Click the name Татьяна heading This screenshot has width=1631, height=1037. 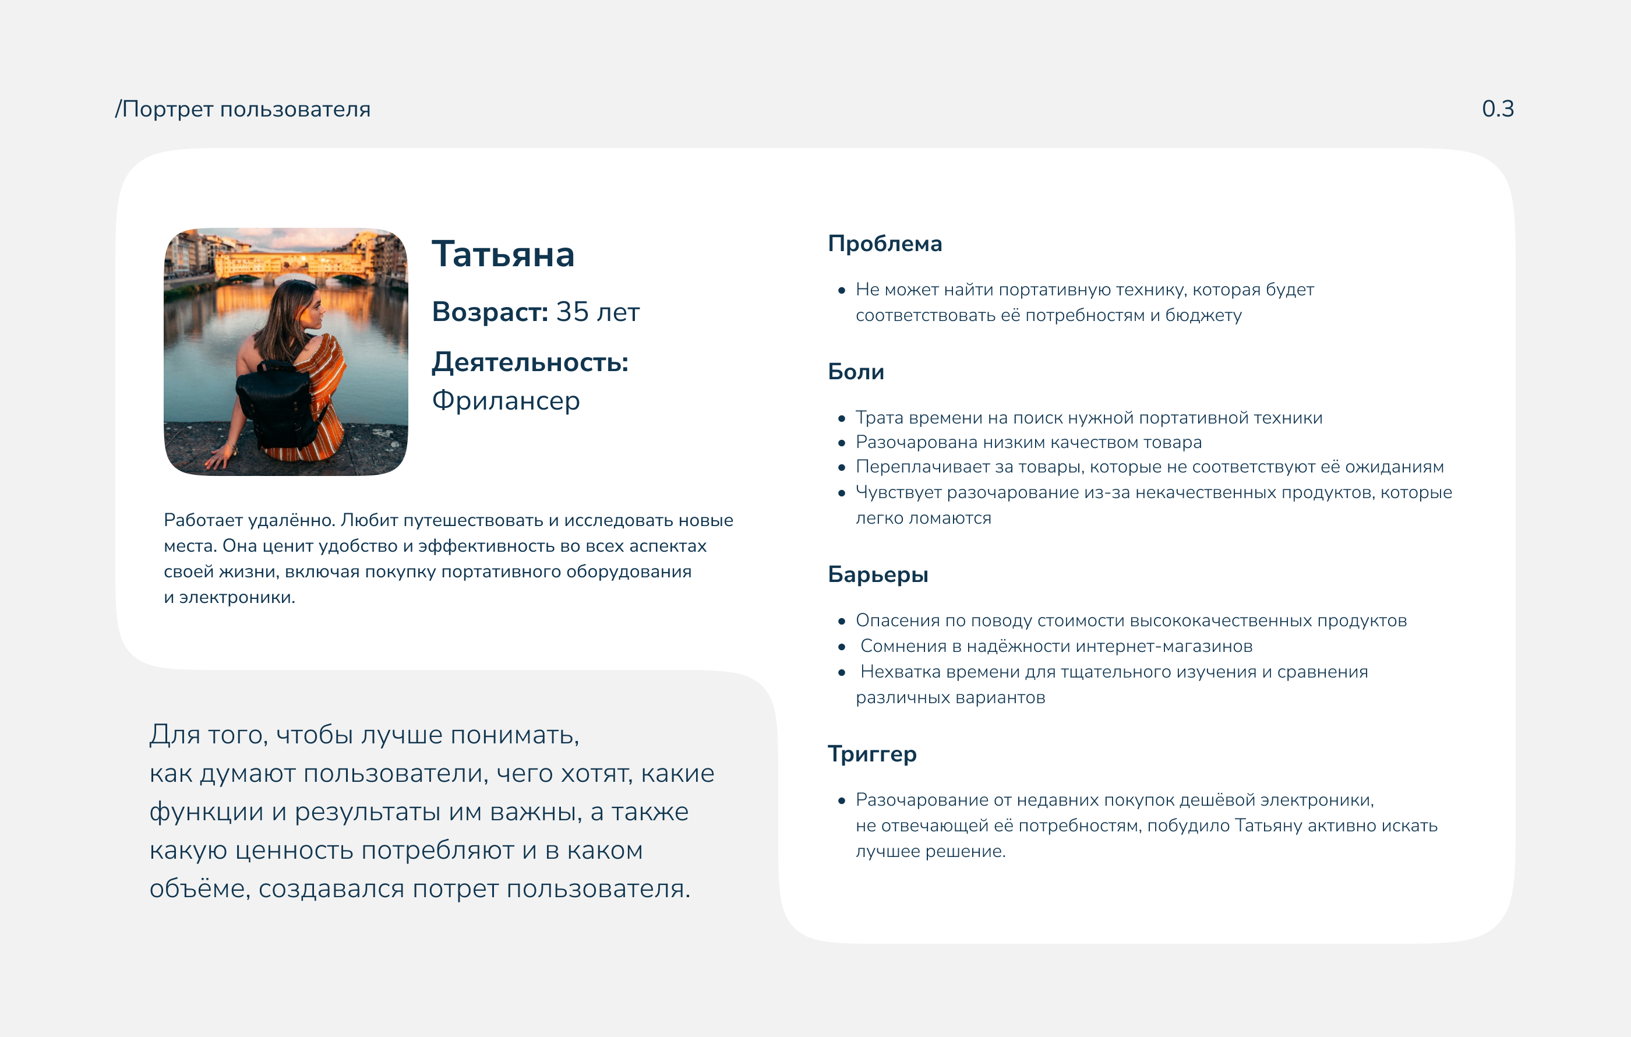(503, 255)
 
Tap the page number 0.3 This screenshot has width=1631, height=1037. (1497, 108)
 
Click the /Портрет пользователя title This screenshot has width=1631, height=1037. (242, 109)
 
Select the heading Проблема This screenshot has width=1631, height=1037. (885, 244)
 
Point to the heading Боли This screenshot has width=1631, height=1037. (856, 372)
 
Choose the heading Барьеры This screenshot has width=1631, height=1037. (878, 574)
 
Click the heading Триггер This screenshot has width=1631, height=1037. (872, 754)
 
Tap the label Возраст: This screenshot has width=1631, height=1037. (490, 312)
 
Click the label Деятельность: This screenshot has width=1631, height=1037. (529, 362)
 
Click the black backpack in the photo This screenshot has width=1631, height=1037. (279, 403)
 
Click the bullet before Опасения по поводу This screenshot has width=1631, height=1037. (841, 621)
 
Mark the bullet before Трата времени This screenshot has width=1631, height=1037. (841, 419)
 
